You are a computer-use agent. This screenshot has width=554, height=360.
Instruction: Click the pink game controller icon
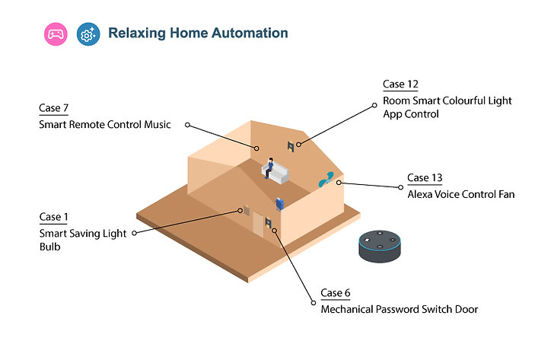click(x=56, y=34)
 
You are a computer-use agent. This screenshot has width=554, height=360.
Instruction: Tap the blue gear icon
click(x=88, y=34)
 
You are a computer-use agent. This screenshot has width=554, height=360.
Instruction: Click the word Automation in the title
click(x=250, y=33)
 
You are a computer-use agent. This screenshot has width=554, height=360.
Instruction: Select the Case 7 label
click(x=54, y=108)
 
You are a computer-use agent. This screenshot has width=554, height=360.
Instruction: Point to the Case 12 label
click(x=400, y=84)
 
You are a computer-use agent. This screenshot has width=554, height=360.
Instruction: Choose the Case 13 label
click(x=425, y=177)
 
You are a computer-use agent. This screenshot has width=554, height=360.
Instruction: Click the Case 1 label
click(x=53, y=217)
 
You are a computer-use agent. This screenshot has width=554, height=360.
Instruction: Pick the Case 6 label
click(x=336, y=292)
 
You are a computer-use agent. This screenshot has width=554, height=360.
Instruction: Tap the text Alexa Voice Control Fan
click(x=460, y=194)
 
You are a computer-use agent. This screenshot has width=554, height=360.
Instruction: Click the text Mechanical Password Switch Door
click(x=400, y=310)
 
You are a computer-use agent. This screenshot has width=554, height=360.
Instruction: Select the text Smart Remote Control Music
click(x=105, y=124)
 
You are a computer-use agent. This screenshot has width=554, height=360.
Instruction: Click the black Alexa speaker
click(x=380, y=247)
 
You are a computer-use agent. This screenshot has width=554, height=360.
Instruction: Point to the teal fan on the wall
click(x=326, y=179)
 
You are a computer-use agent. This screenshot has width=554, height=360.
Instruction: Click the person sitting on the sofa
click(x=269, y=167)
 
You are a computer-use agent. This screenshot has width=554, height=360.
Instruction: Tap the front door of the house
click(x=258, y=225)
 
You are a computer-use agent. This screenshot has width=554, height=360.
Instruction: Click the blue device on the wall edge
click(x=279, y=204)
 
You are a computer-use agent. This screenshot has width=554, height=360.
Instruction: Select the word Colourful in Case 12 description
click(x=464, y=100)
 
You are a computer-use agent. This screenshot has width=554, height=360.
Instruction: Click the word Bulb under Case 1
click(x=49, y=247)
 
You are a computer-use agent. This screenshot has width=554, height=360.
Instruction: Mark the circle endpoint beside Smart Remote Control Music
click(x=188, y=125)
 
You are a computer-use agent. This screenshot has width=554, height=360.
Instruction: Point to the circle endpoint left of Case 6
click(x=314, y=303)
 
